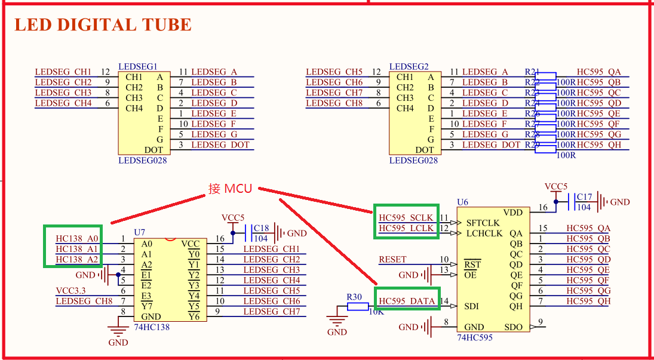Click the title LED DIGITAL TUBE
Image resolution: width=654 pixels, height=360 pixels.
[x=103, y=25]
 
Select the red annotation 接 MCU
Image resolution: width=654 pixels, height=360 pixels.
[x=230, y=189]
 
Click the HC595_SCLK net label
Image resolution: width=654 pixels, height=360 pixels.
[x=406, y=218]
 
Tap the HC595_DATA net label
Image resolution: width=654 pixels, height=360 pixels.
[x=407, y=301]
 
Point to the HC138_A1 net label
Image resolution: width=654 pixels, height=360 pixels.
[x=77, y=249]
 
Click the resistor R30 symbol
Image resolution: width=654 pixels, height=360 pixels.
[x=358, y=306]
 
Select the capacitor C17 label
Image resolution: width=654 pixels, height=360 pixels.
[x=584, y=197]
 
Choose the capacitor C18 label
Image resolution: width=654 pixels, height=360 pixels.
[x=261, y=228]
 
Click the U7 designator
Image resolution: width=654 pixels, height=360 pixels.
[x=140, y=232]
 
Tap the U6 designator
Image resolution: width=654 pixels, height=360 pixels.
[x=462, y=202]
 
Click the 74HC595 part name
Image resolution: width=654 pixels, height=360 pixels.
[x=475, y=338]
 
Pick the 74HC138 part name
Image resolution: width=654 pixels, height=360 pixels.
[x=152, y=327]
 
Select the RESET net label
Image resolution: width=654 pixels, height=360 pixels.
[x=392, y=260]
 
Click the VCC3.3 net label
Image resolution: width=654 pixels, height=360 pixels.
[x=71, y=291]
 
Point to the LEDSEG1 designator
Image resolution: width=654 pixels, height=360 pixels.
[x=138, y=66]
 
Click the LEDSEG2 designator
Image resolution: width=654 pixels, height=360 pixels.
[x=409, y=66]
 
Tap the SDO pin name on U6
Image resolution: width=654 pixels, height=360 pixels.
[x=513, y=327]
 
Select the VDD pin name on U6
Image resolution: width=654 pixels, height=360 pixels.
[x=512, y=213]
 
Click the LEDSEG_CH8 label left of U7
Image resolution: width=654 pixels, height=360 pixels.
[x=84, y=301]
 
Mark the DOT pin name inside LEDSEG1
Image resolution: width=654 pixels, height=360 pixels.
[x=154, y=150]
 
